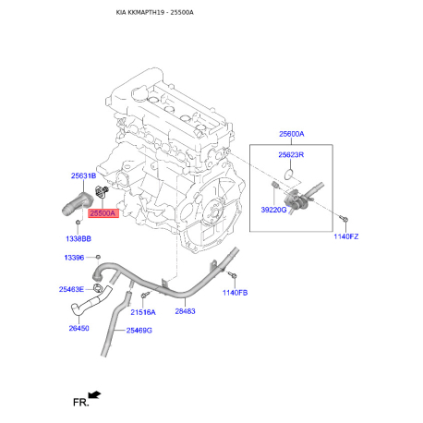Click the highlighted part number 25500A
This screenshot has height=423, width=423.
(103, 213)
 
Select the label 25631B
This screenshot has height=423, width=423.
(83, 175)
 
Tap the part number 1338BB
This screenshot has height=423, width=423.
(79, 238)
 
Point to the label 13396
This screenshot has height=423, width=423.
(74, 258)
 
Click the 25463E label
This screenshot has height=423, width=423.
(71, 289)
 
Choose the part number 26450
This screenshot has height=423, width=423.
(79, 328)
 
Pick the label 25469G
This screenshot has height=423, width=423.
(139, 331)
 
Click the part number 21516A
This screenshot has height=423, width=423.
(143, 312)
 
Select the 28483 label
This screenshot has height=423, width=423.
(185, 311)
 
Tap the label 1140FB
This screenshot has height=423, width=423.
(235, 293)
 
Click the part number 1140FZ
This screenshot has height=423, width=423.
(346, 236)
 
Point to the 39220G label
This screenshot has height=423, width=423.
(273, 210)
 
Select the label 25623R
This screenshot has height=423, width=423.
(291, 154)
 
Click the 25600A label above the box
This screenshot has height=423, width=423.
(292, 134)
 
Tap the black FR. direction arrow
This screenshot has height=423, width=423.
(94, 394)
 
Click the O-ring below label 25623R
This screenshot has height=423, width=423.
(288, 175)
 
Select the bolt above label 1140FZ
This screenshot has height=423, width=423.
(344, 219)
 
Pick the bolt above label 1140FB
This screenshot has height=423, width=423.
(233, 274)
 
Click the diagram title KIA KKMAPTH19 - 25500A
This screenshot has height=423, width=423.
(155, 12)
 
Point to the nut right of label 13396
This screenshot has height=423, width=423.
(98, 257)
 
